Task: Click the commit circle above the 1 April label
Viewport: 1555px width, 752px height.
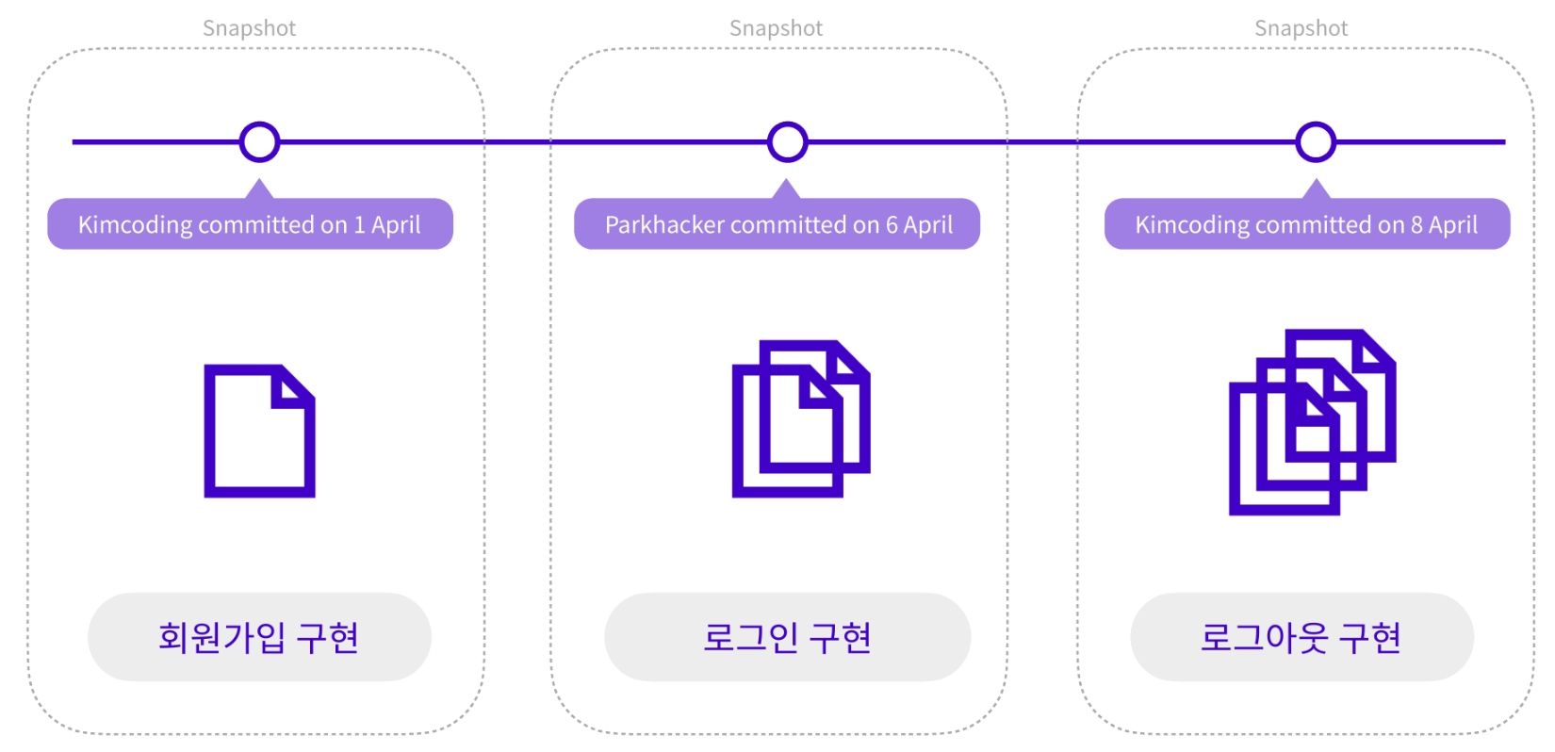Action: pyautogui.click(x=259, y=142)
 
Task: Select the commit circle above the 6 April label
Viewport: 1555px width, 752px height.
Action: pyautogui.click(x=787, y=142)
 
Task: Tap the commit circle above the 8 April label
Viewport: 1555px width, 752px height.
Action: pyautogui.click(x=1316, y=142)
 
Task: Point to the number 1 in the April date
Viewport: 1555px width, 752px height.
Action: pyautogui.click(x=359, y=225)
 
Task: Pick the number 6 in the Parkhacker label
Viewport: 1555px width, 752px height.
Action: pyautogui.click(x=892, y=225)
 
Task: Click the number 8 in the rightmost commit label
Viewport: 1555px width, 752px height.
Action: pyautogui.click(x=1416, y=225)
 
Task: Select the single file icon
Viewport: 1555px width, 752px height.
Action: pyautogui.click(x=259, y=431)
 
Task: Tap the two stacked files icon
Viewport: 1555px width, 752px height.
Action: pyautogui.click(x=800, y=418)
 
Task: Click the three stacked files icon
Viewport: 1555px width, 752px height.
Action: pyautogui.click(x=1312, y=422)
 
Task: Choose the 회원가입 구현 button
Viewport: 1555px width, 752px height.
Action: pyautogui.click(x=259, y=637)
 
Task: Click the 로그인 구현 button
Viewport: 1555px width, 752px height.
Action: pyautogui.click(x=787, y=637)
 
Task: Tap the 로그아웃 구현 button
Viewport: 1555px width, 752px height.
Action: pyautogui.click(x=1301, y=637)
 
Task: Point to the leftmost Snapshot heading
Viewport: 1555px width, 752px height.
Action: pyautogui.click(x=249, y=28)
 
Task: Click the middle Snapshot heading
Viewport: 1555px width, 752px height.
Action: pyautogui.click(x=776, y=28)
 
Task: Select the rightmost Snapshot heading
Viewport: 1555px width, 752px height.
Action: pyautogui.click(x=1301, y=28)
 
